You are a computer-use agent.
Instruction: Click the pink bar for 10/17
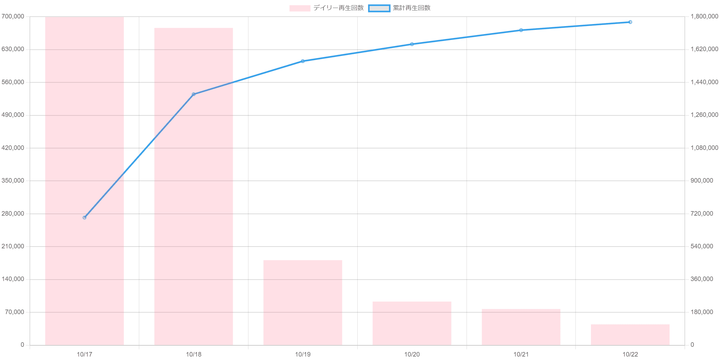point(85,181)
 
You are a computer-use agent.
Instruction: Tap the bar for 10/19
point(303,303)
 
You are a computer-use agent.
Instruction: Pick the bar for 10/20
point(412,323)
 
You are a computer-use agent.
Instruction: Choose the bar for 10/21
point(521,327)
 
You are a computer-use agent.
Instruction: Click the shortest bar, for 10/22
point(630,335)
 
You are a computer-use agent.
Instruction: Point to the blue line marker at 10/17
point(85,217)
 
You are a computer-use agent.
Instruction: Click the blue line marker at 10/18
point(193,94)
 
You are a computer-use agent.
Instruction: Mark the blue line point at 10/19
point(303,61)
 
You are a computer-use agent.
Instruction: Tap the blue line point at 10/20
point(412,44)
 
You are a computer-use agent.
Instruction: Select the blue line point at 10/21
point(521,30)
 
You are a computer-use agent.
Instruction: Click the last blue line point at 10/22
point(630,22)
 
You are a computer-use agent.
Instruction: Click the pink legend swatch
point(300,8)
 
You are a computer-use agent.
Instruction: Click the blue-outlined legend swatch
point(379,8)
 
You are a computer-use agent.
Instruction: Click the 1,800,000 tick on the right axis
point(704,16)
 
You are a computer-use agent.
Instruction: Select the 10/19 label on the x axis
point(303,354)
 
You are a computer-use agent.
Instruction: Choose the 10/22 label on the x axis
point(630,354)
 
